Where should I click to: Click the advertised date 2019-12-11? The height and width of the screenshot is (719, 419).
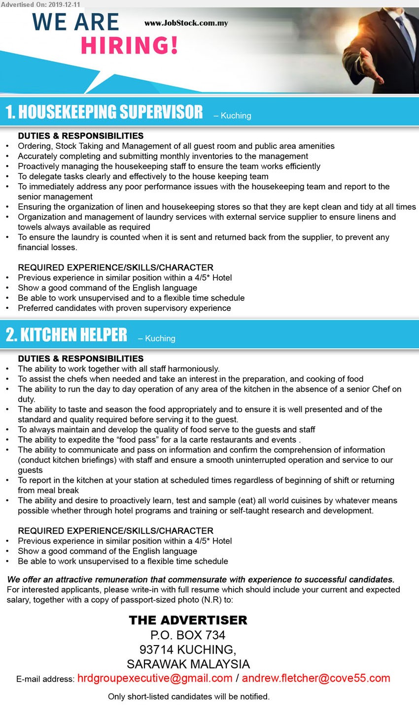click(64, 4)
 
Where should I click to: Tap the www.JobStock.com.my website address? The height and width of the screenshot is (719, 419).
click(186, 23)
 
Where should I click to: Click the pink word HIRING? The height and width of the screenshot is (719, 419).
click(129, 46)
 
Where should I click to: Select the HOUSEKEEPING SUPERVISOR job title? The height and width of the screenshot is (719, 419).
click(104, 112)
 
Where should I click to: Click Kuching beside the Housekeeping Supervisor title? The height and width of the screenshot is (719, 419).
click(236, 116)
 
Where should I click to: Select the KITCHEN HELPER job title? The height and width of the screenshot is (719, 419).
click(67, 335)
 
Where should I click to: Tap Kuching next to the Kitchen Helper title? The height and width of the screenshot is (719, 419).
click(160, 338)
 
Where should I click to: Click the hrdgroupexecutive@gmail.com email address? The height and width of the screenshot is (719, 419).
click(155, 678)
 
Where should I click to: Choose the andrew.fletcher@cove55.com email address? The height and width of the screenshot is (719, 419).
click(315, 678)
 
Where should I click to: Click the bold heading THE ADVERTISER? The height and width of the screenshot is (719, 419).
click(188, 620)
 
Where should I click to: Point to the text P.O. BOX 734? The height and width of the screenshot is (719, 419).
click(188, 635)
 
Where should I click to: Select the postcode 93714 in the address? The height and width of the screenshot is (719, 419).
click(156, 650)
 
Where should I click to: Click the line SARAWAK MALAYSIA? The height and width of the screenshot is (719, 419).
click(188, 664)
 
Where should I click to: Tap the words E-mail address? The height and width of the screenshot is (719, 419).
click(45, 679)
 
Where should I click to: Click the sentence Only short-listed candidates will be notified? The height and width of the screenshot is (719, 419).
click(189, 696)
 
